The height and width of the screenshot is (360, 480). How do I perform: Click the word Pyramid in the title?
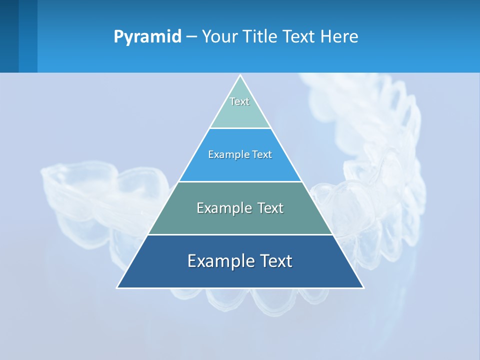pos(147,37)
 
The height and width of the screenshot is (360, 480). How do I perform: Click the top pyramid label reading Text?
pos(239,101)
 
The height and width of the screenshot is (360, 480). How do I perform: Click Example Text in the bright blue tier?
pos(240,154)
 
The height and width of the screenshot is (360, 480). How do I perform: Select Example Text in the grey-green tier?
pos(240,208)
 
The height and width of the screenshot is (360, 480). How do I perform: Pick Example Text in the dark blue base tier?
pos(240,261)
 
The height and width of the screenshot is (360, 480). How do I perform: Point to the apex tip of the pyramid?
pos(240,76)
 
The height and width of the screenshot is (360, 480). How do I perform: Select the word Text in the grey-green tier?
pos(270,208)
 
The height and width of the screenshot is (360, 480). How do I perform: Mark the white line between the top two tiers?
pos(240,128)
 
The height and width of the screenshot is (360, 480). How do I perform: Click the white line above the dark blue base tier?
pos(240,234)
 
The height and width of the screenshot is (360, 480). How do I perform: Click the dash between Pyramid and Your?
pos(191,37)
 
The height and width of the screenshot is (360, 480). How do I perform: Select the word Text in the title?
pos(298,37)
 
